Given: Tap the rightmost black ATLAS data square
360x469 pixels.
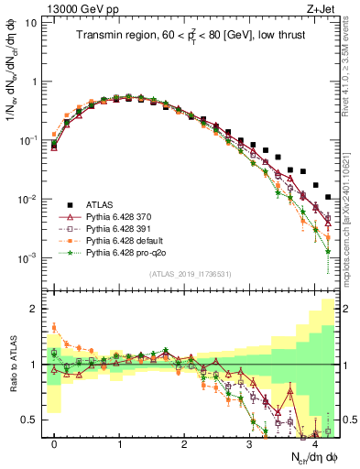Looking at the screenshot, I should point(329,196).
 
